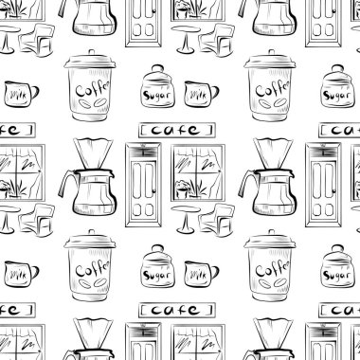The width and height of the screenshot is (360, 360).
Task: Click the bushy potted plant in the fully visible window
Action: click(183, 189)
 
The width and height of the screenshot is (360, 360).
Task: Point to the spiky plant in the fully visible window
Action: click(198, 189)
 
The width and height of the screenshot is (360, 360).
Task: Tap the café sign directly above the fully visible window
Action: click(177, 130)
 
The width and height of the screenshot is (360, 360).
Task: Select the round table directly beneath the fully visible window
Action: click(186, 219)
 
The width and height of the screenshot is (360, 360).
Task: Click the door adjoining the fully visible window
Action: click(143, 185)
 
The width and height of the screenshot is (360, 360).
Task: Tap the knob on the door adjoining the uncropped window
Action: click(154, 190)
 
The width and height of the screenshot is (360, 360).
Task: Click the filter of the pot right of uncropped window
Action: click(273, 154)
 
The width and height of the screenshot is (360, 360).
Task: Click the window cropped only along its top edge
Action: click(198, 9)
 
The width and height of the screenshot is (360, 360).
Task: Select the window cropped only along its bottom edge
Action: click(198, 342)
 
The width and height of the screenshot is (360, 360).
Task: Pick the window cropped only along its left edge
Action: click(22, 172)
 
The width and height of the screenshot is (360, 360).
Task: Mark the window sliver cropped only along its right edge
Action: click(355, 172)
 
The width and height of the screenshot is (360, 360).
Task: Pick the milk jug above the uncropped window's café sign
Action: click(202, 94)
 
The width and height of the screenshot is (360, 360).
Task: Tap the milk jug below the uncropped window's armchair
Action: click(202, 274)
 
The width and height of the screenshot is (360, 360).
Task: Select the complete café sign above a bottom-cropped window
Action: click(177, 310)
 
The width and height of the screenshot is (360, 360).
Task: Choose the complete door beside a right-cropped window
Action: click(323, 185)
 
